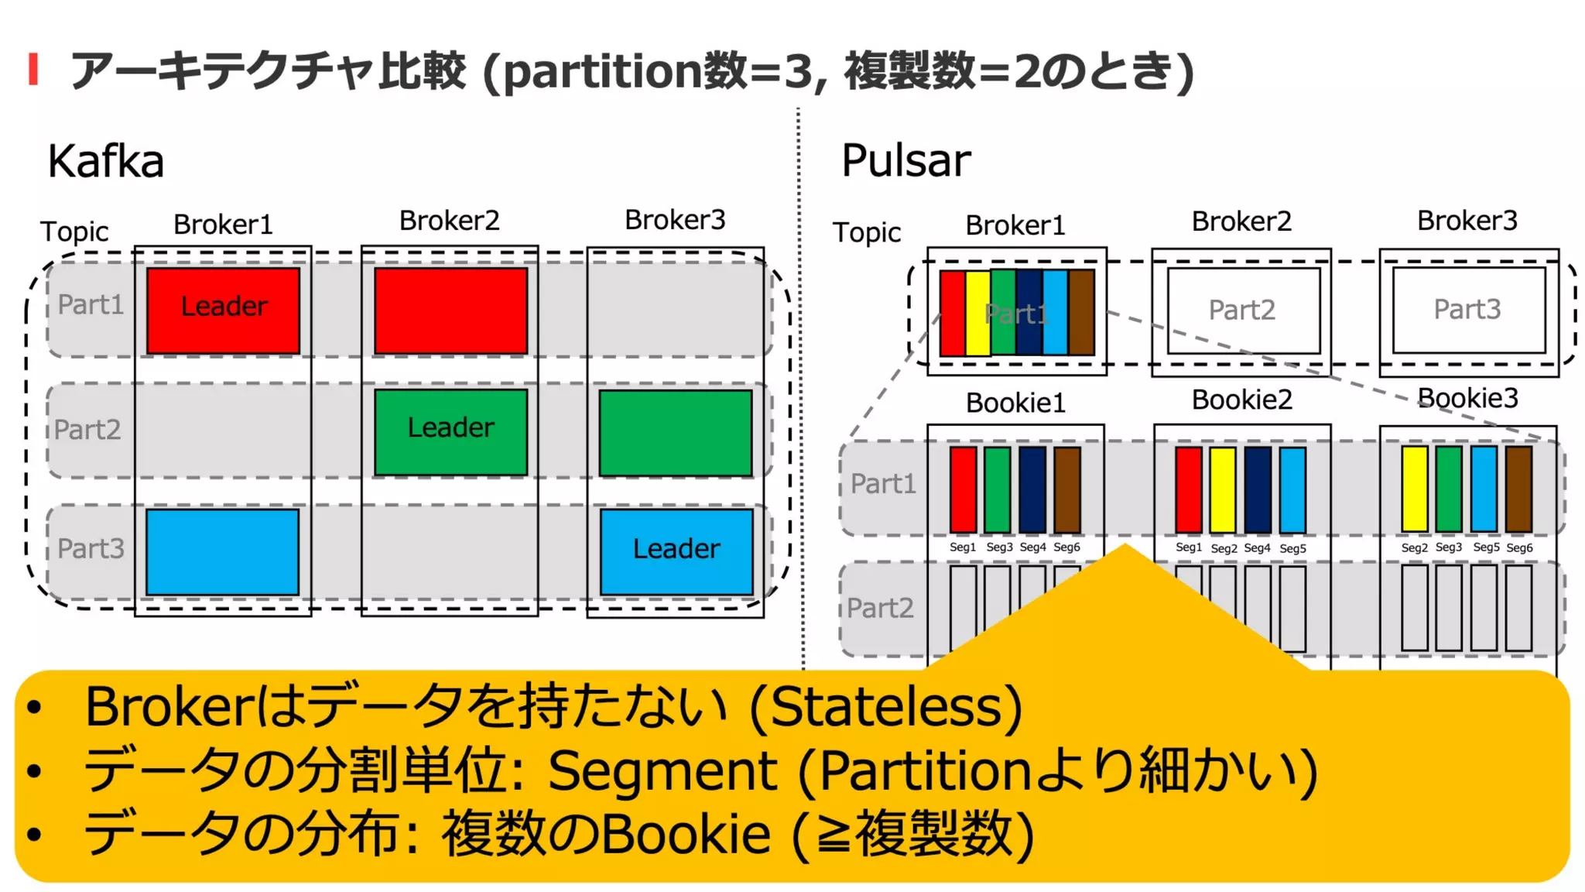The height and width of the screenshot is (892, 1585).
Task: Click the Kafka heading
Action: coord(105,161)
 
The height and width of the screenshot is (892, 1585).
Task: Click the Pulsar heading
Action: coord(905,160)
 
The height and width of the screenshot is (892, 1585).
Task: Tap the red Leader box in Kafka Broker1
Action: coord(223,310)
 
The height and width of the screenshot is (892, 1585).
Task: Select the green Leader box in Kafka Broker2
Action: coord(450,431)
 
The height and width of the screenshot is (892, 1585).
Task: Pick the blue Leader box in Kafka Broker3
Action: coord(676,551)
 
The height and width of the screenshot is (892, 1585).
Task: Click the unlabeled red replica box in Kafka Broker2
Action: coord(450,310)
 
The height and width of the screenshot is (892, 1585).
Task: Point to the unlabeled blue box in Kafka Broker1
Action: coord(222,551)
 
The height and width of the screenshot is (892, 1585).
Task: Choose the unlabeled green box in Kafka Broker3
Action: coord(676,433)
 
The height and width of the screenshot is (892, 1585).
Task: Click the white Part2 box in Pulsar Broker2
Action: coord(1243,310)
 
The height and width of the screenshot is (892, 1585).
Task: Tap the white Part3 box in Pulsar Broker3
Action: coord(1468,309)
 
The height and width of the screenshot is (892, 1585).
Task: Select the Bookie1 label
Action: coord(1015,403)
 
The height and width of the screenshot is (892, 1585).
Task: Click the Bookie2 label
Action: coord(1241,400)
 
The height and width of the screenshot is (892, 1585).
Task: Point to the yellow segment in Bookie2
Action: coord(1223,489)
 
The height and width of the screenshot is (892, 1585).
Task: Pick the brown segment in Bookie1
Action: coord(1067,489)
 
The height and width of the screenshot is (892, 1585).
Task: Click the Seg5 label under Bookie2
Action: coord(1292,548)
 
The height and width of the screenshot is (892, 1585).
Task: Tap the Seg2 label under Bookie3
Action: coord(1414,547)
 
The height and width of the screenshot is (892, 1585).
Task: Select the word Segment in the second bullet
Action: coord(662,770)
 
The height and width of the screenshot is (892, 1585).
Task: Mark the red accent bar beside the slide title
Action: coord(33,69)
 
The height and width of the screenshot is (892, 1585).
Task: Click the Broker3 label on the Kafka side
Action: coord(675,220)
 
